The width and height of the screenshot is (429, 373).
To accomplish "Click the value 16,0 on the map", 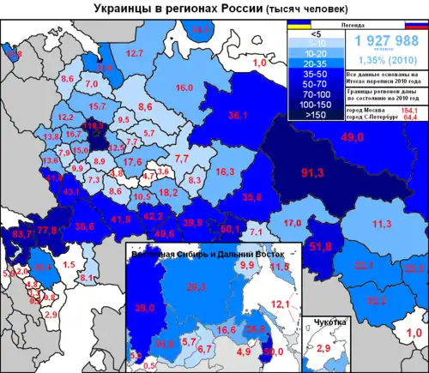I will coord(184,88).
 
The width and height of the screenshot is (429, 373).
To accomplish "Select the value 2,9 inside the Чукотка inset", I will coord(323,349).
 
